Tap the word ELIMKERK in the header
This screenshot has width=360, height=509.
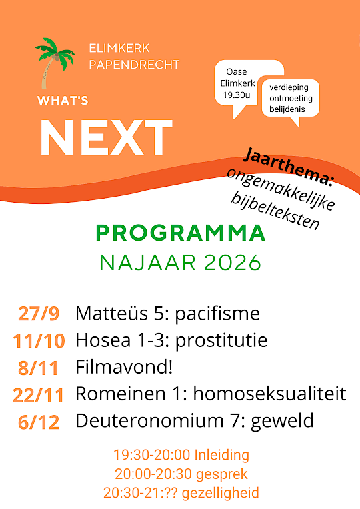click(x=119, y=49)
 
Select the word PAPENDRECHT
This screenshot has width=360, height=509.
click(x=134, y=65)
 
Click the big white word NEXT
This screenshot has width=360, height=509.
click(x=106, y=137)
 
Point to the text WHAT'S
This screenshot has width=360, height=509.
click(x=63, y=101)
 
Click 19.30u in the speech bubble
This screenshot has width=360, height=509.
click(x=237, y=95)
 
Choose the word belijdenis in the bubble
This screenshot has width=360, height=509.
click(x=287, y=109)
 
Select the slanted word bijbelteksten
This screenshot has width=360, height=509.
click(x=275, y=211)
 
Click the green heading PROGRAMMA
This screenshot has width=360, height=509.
click(x=181, y=233)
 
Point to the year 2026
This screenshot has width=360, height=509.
click(x=233, y=263)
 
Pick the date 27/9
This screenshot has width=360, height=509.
click(x=39, y=314)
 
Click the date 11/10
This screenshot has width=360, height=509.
click(x=39, y=341)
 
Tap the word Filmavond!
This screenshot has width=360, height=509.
click(x=124, y=367)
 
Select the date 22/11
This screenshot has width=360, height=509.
click(x=39, y=395)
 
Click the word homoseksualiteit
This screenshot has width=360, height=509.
click(x=270, y=394)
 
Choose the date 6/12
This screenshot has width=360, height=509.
click(x=39, y=422)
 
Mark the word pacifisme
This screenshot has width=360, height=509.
click(x=217, y=314)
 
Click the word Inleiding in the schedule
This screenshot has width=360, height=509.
click(x=222, y=455)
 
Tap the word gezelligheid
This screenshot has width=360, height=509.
click(x=220, y=493)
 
